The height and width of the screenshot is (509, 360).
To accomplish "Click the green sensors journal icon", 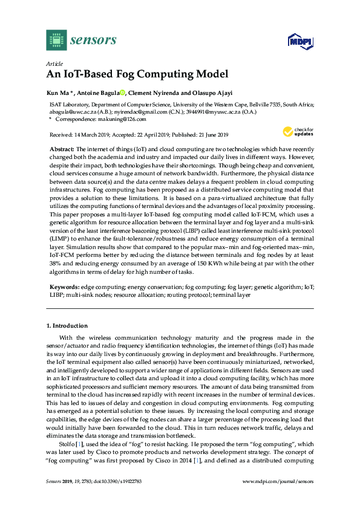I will [x=56, y=41].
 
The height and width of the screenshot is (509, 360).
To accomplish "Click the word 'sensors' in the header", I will [x=93, y=41].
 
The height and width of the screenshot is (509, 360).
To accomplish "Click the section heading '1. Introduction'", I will [x=67, y=326].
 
